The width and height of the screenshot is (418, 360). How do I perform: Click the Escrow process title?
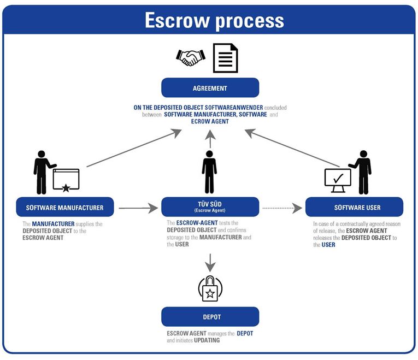[214, 20]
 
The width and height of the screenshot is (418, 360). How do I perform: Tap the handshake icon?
[191, 57]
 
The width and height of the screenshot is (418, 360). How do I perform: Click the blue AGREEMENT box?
[210, 88]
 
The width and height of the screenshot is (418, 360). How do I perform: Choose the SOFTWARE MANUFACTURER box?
[65, 208]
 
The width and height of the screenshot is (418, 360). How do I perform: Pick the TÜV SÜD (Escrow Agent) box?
[210, 207]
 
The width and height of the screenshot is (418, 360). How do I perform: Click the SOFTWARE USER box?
[354, 208]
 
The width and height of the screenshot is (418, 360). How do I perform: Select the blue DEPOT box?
[210, 317]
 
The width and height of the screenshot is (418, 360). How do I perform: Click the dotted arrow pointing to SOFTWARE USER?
[282, 208]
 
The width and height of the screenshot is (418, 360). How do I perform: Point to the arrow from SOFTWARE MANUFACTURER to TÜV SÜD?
[138, 208]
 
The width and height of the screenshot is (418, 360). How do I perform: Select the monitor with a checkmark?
[337, 180]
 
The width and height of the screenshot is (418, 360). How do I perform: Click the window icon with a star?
[66, 180]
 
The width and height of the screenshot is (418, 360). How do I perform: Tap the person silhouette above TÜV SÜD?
[209, 172]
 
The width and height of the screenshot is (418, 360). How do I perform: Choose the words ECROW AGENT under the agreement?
[210, 121]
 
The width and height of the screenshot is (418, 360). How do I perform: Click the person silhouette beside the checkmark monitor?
[362, 172]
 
